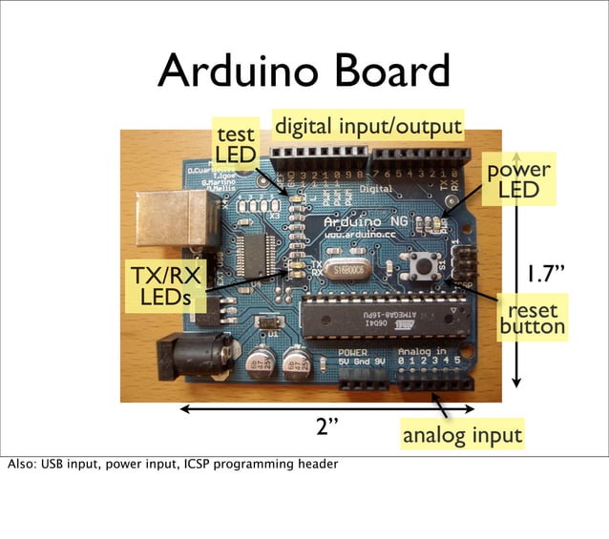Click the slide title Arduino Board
(x=304, y=72)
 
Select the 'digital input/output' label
(x=367, y=126)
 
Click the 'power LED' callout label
(x=518, y=179)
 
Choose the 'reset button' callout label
(x=533, y=319)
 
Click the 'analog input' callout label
(x=462, y=436)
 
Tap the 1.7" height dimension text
(x=547, y=276)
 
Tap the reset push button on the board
(x=419, y=266)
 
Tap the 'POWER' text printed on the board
(x=351, y=351)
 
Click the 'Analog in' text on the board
(x=428, y=351)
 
